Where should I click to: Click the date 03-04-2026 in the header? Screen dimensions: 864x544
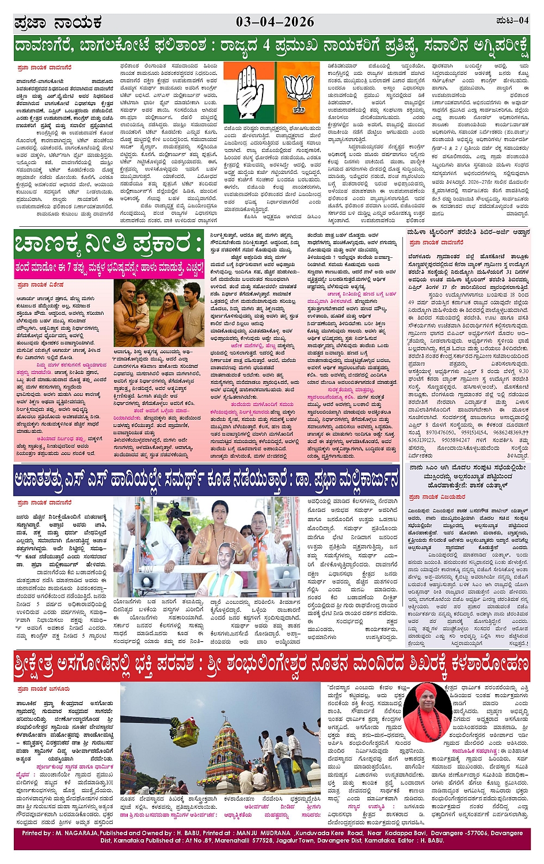(x=275, y=22)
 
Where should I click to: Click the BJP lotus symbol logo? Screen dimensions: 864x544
(x=299, y=87)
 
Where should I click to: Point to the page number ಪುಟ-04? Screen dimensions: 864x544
(x=512, y=21)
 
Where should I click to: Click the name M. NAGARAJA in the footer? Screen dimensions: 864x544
(x=74, y=833)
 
